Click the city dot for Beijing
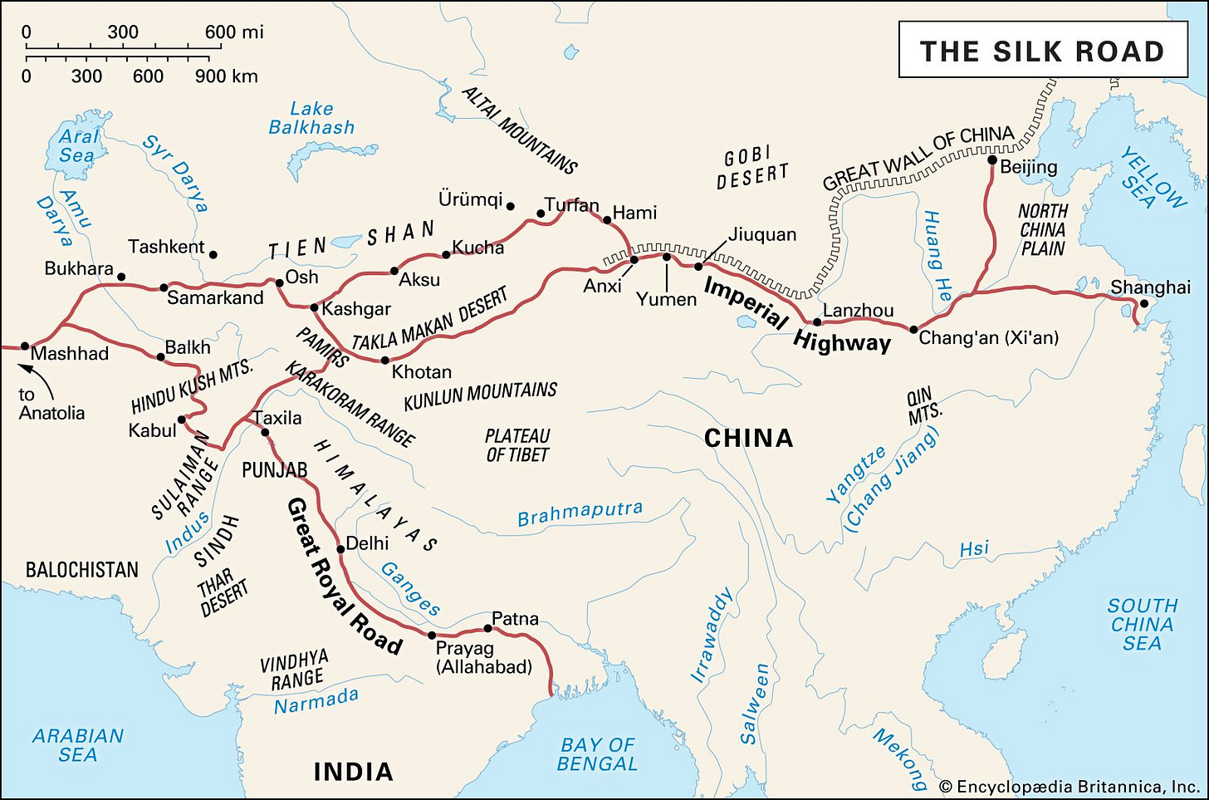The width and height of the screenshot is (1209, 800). (x=991, y=160)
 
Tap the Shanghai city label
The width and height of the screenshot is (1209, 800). (x=1150, y=287)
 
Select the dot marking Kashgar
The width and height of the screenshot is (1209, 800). (x=314, y=308)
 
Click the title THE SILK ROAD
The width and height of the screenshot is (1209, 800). (x=1042, y=52)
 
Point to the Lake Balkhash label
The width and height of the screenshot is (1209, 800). (x=311, y=118)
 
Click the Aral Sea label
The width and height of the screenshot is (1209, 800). (x=77, y=145)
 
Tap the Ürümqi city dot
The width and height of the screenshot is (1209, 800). (x=510, y=206)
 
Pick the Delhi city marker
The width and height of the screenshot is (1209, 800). (x=340, y=549)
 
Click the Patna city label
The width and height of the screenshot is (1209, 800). (x=515, y=619)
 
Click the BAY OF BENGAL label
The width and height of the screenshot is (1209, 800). (x=597, y=754)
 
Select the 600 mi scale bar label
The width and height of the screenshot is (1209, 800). (x=234, y=32)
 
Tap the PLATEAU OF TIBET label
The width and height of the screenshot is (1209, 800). (x=517, y=445)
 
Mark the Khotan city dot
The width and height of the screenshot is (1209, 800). (x=384, y=361)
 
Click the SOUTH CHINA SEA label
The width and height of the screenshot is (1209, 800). (x=1143, y=624)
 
